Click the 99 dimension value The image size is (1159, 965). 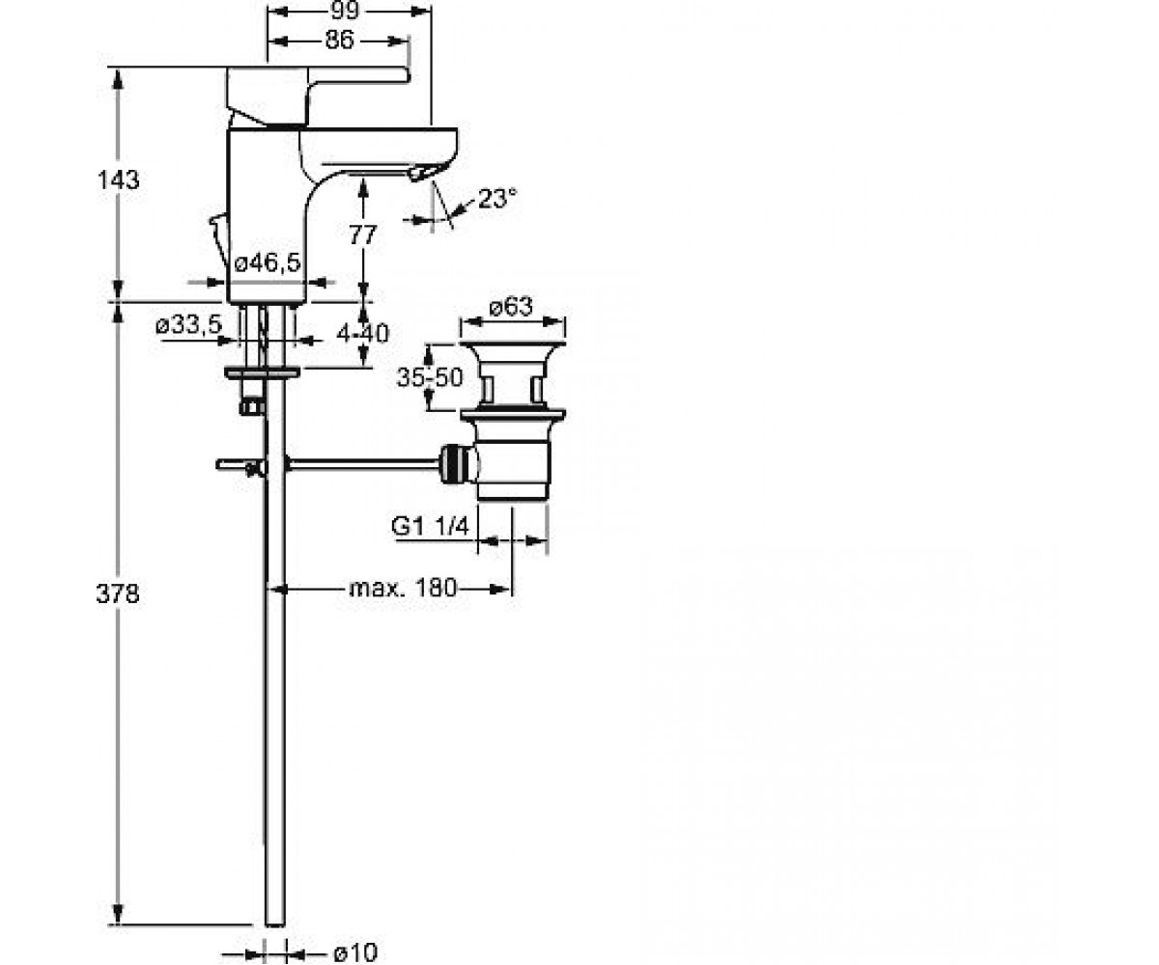click(x=344, y=10)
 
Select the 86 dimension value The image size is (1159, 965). click(x=340, y=40)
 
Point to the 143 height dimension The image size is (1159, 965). click(x=118, y=179)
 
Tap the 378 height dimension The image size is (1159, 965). click(x=118, y=594)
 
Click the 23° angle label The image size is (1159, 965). click(x=497, y=198)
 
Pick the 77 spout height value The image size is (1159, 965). click(x=363, y=234)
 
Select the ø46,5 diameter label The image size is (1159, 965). click(x=268, y=262)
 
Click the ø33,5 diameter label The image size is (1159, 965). click(x=188, y=324)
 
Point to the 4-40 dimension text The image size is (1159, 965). click(x=363, y=333)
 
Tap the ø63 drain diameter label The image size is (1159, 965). click(x=511, y=306)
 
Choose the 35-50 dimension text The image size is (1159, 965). click(x=430, y=377)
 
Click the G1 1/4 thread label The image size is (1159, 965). click(x=430, y=526)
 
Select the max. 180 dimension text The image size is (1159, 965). click(x=403, y=588)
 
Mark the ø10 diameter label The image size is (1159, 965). click(x=355, y=952)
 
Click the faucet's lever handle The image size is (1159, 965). click(x=317, y=95)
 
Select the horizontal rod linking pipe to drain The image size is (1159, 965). click(x=362, y=464)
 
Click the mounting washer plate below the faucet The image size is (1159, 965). click(x=262, y=372)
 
